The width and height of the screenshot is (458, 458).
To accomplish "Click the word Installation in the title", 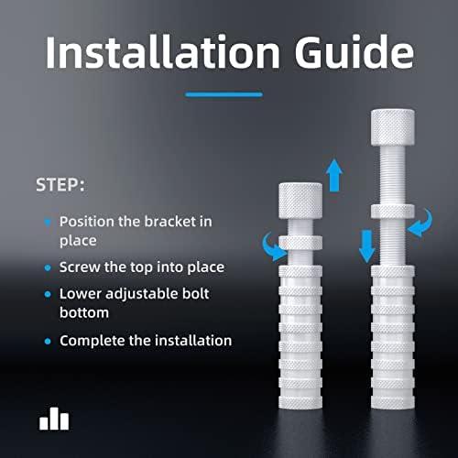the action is point(162,52).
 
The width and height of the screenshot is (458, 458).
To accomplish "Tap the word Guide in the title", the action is point(354,52).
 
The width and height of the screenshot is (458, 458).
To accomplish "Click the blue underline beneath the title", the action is point(224,94).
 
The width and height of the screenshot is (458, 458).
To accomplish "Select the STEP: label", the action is point(60,185).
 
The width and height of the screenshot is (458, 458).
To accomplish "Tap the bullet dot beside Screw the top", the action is point(48,267).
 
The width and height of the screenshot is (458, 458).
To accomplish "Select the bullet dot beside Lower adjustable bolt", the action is point(48,294).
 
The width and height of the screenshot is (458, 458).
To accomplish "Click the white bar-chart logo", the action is point(54,419).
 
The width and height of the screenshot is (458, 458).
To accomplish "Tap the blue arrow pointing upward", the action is point(334,175).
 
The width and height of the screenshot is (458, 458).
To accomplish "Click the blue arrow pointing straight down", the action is point(366,246).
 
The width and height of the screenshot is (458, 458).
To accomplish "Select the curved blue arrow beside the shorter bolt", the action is point(272,247).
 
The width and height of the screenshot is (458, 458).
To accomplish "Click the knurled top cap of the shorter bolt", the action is point(300,201).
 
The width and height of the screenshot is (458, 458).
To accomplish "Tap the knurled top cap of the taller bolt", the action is point(393,127).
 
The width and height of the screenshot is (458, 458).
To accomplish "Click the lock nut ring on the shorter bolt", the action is point(300,243).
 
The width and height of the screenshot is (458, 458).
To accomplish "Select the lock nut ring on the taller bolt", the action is point(393,212).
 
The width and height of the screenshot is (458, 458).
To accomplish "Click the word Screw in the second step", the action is point(80,267).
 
